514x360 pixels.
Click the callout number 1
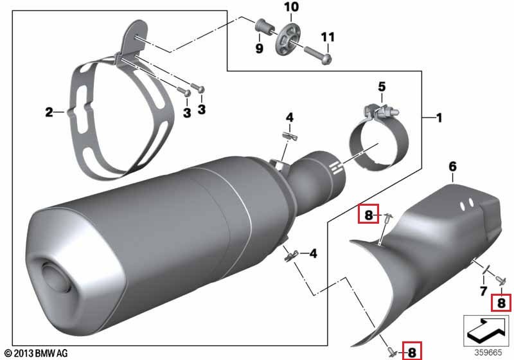[x=439, y=118]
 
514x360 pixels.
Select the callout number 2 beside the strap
[x=49, y=112]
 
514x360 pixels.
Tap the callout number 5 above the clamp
[x=382, y=87]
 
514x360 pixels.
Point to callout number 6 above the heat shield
[x=452, y=166]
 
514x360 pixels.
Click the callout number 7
[x=484, y=291]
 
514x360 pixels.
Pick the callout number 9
[x=260, y=48]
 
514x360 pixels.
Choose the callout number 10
[x=292, y=7]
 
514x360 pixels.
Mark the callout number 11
[x=328, y=37]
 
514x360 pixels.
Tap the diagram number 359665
[x=488, y=352]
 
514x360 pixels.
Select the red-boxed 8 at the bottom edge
[x=412, y=352]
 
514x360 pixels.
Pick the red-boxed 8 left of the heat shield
[x=368, y=215]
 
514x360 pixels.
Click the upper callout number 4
[x=290, y=118]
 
